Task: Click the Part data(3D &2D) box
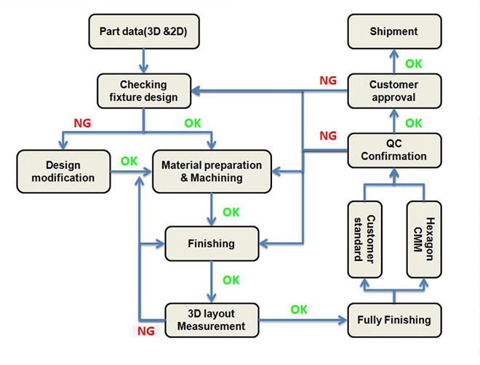(x=144, y=31)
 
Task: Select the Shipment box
(x=394, y=31)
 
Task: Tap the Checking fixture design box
(x=144, y=91)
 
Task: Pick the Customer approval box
(x=394, y=91)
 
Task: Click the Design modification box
(x=63, y=172)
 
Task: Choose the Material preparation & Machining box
(x=212, y=172)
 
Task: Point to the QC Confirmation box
(x=394, y=151)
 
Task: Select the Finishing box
(x=212, y=244)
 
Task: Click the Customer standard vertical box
(x=364, y=239)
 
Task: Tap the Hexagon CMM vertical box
(x=424, y=239)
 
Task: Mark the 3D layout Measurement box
(x=212, y=320)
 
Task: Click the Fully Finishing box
(x=394, y=320)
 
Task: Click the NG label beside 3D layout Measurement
(x=146, y=331)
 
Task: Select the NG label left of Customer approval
(x=328, y=81)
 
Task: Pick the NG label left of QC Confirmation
(x=328, y=135)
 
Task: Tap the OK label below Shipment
(x=414, y=64)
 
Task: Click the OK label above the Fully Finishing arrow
(x=299, y=310)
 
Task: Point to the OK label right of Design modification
(x=129, y=161)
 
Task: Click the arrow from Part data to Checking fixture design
(x=143, y=61)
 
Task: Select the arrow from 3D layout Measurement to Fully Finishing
(x=303, y=320)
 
